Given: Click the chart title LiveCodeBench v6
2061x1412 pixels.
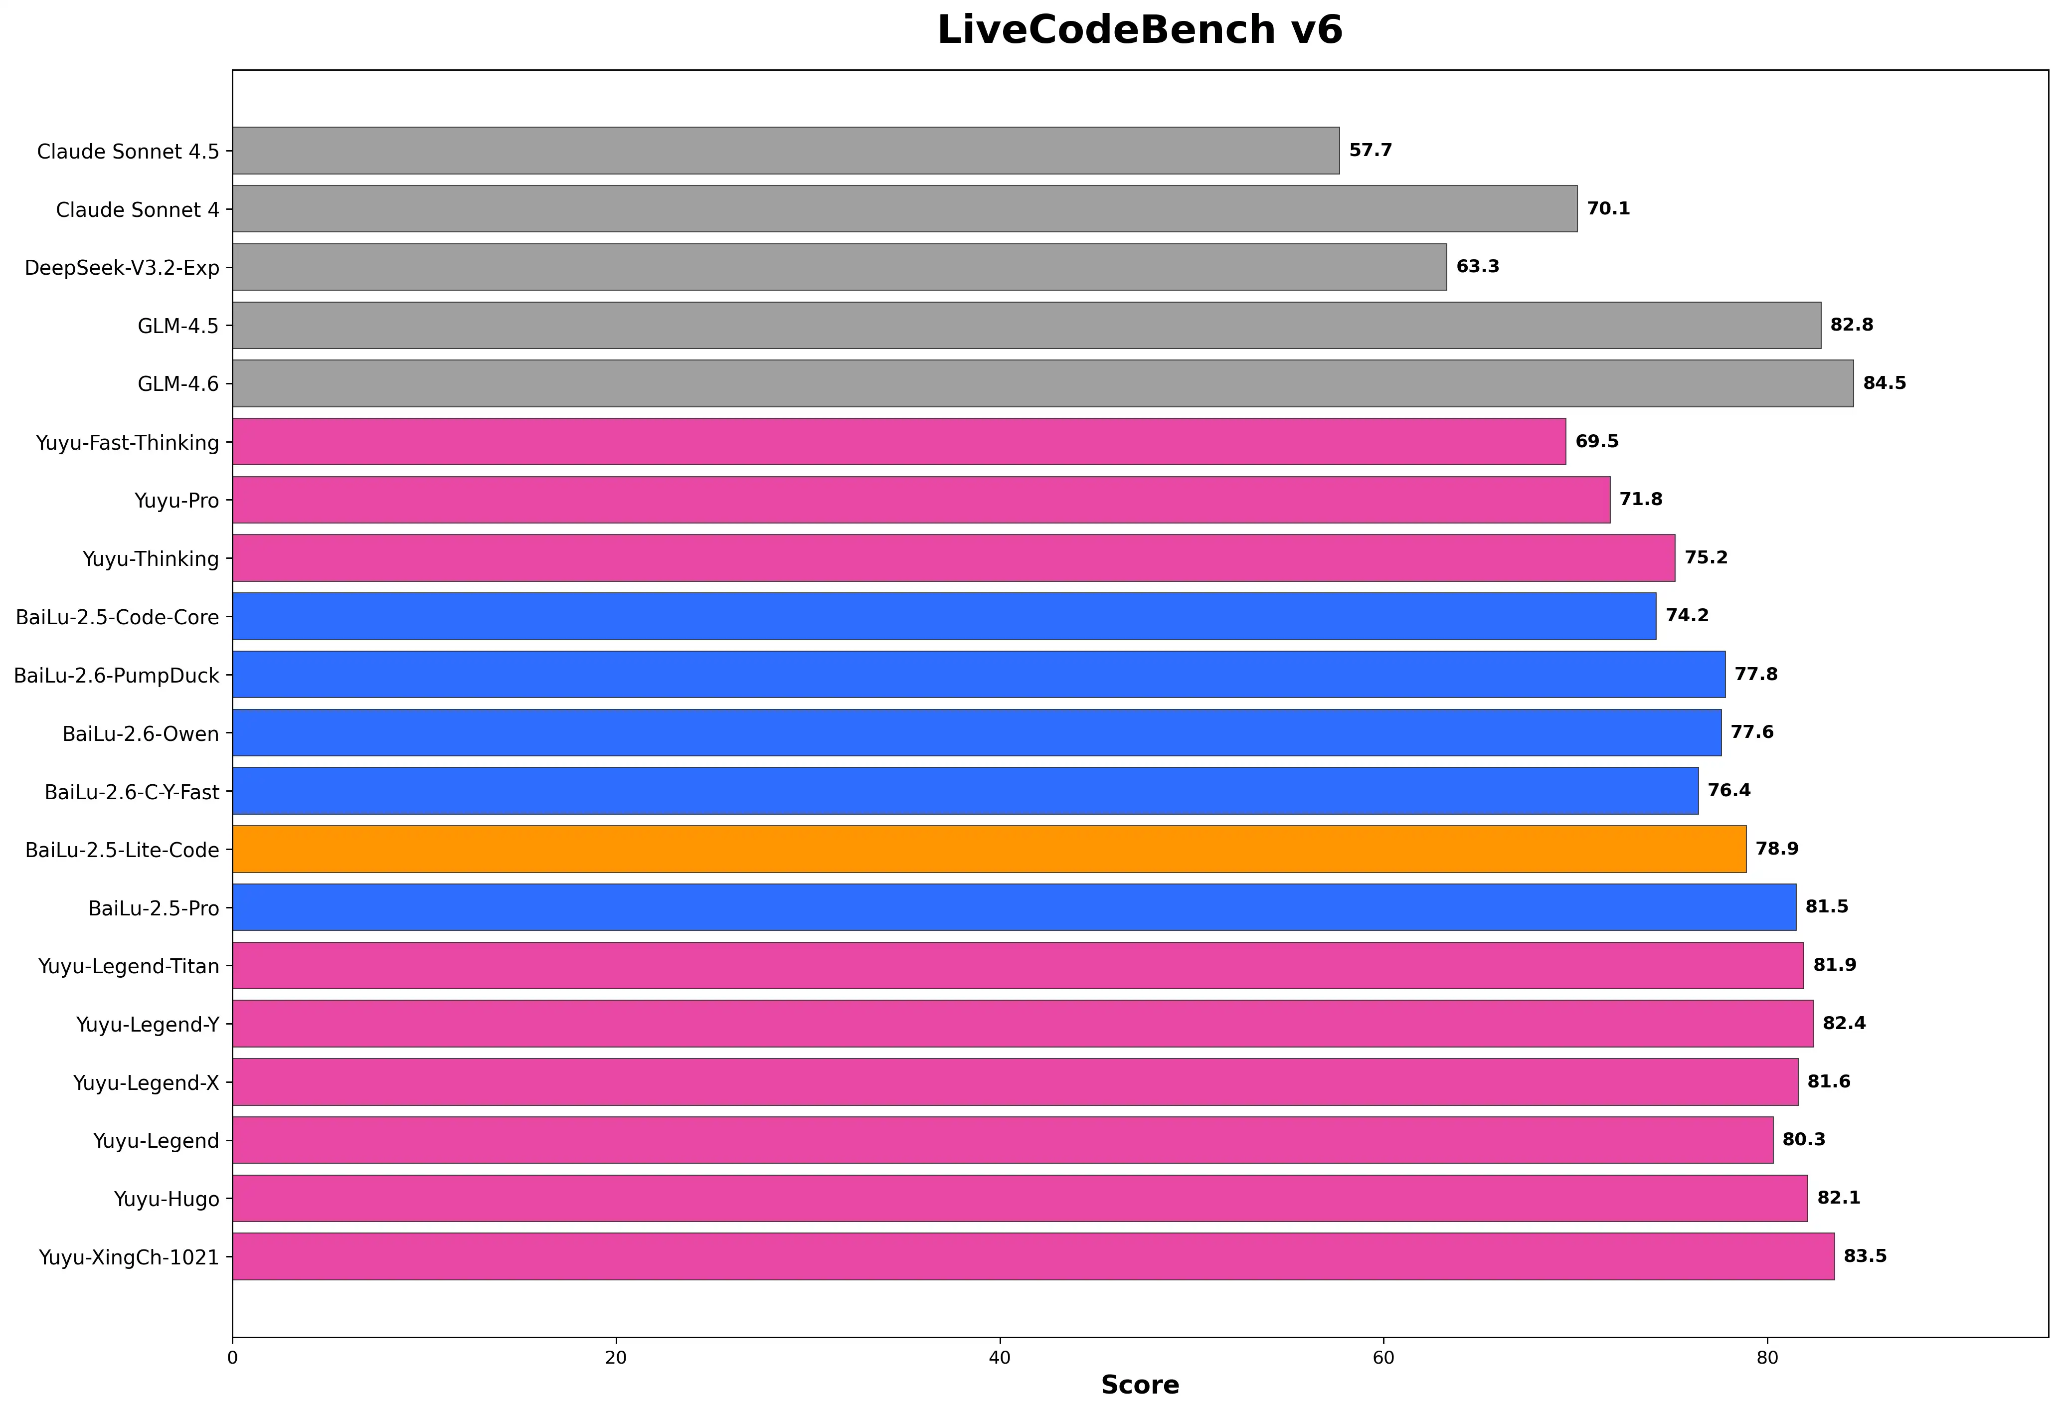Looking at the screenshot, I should point(1140,30).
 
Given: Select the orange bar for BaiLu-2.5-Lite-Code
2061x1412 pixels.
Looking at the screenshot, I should point(989,849).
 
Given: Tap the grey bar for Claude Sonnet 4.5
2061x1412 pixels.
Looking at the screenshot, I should point(786,150).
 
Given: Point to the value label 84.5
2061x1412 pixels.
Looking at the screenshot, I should point(1884,383).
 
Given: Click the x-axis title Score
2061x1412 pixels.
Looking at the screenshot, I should point(1140,1385).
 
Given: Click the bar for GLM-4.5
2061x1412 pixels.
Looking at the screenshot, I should point(1026,325).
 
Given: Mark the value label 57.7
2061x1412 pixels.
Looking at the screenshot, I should point(1370,150).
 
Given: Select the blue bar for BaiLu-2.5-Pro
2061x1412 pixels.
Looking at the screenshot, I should point(1014,906).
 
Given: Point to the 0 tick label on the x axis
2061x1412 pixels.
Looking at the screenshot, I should point(232,1358).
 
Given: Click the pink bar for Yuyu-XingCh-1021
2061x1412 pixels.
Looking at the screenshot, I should point(1033,1256).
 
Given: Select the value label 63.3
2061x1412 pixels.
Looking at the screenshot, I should point(1478,266).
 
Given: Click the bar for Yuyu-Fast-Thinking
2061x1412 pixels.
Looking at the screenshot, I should point(898,441).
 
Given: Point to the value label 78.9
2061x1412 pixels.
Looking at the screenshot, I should point(1776,849).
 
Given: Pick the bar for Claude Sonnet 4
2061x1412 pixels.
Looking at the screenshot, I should point(904,208).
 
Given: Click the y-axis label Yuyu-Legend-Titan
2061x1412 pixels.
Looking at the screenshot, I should point(129,966).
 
